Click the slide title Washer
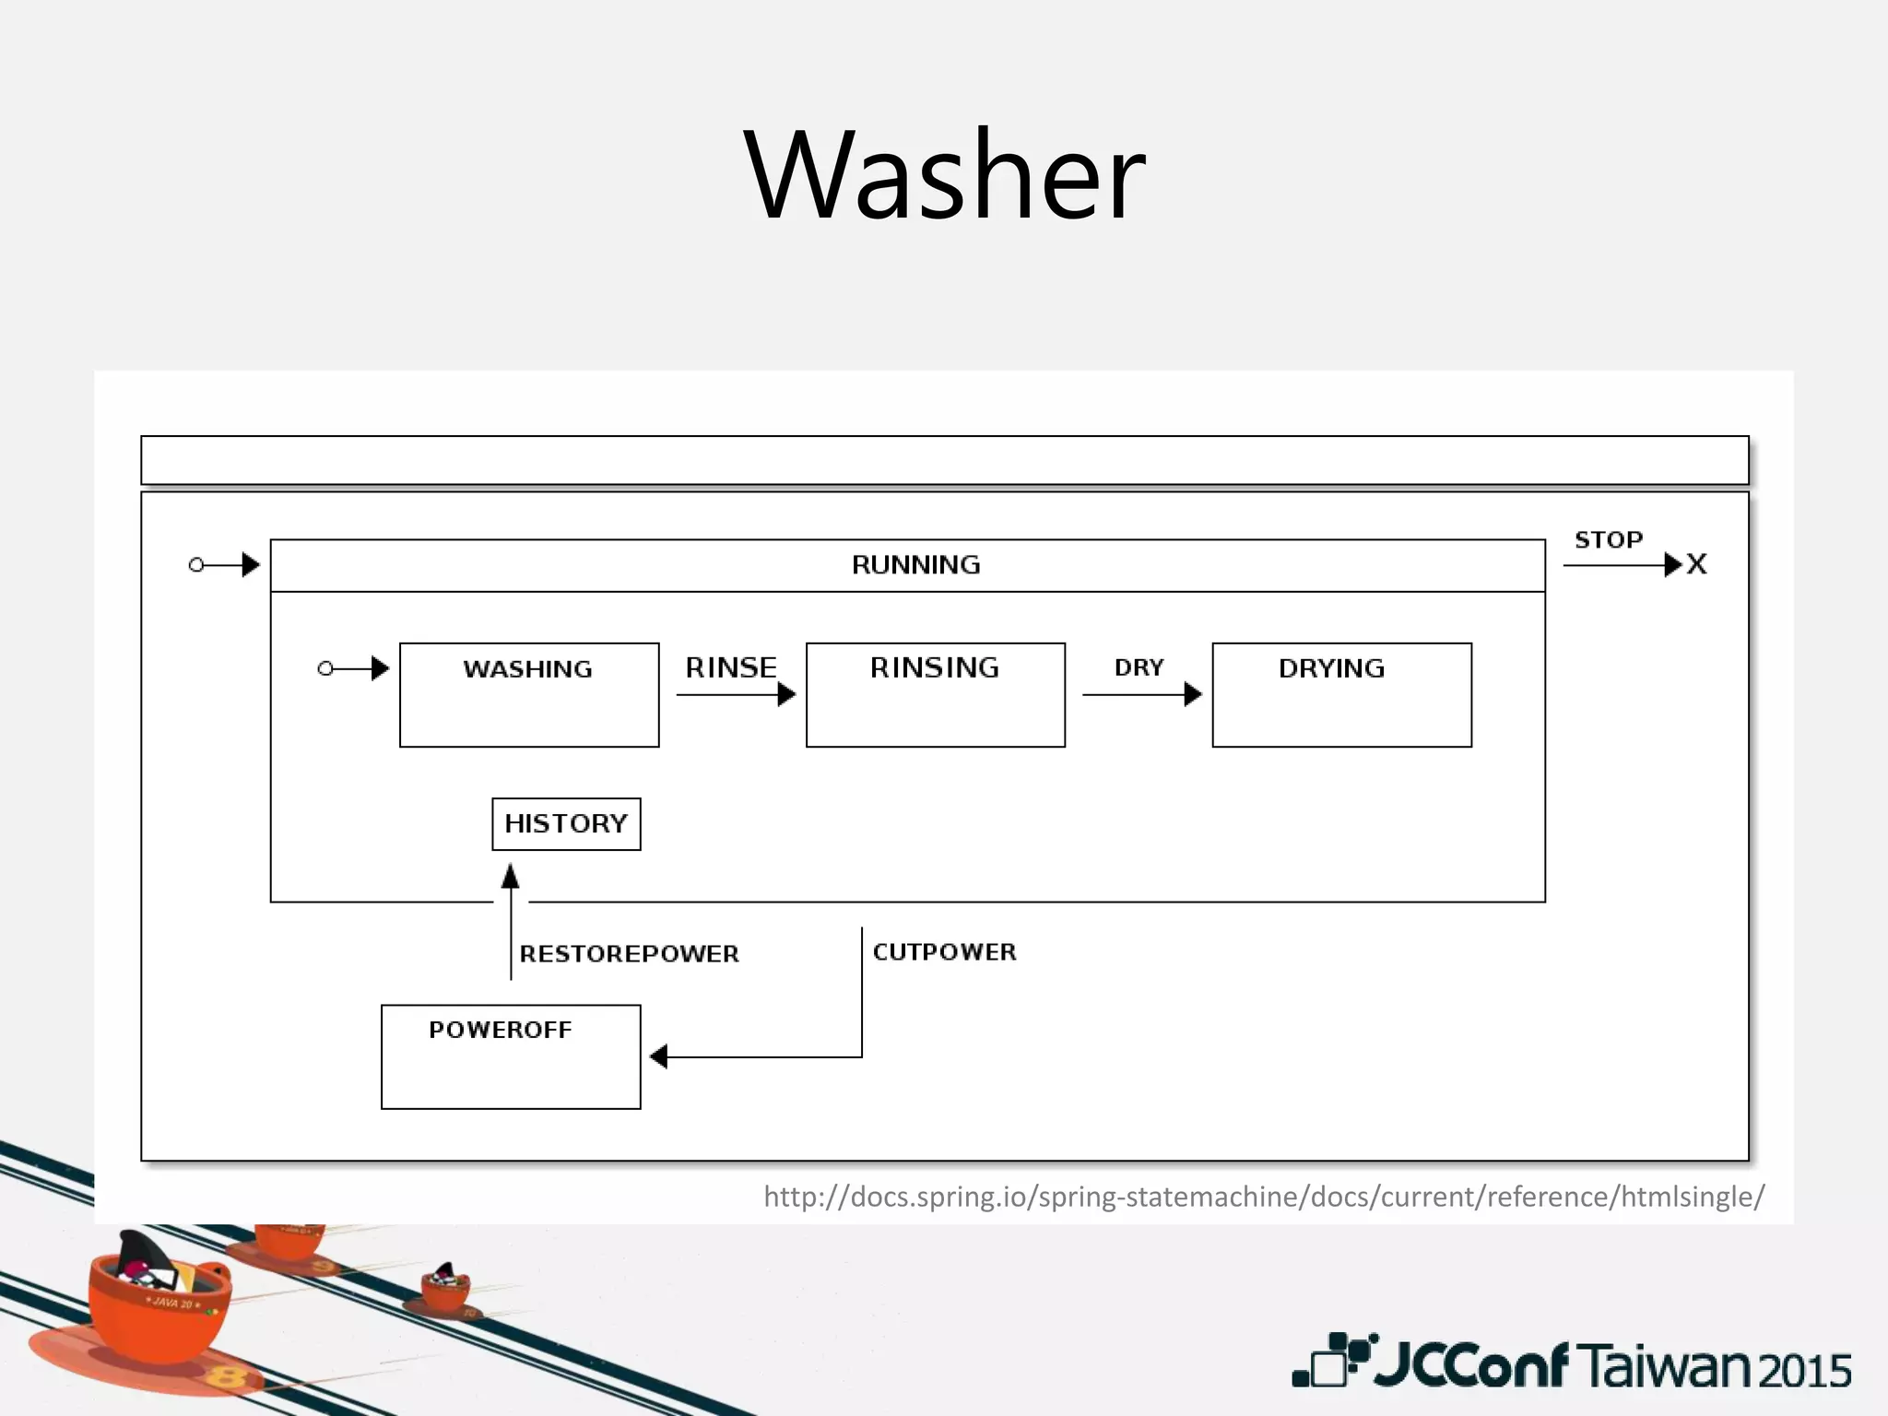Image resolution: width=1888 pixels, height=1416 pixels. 944,175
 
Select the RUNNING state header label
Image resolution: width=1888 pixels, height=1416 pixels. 915,564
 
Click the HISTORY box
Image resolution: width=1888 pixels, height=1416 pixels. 566,823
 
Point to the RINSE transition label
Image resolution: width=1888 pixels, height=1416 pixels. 731,667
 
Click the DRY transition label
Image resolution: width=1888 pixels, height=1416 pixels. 1139,667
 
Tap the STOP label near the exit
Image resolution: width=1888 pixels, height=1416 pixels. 1608,539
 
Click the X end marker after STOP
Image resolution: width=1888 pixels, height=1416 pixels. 1696,564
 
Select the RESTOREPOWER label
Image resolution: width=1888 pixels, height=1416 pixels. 629,953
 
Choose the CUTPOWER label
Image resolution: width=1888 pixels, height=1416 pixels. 944,951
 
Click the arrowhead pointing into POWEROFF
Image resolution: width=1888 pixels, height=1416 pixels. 658,1056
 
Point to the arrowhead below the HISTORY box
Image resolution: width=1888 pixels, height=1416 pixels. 510,876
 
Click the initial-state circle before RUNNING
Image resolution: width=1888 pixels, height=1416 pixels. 195,564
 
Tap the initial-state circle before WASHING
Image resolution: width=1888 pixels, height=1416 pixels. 324,668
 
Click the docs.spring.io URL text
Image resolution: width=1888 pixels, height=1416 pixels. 1263,1196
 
